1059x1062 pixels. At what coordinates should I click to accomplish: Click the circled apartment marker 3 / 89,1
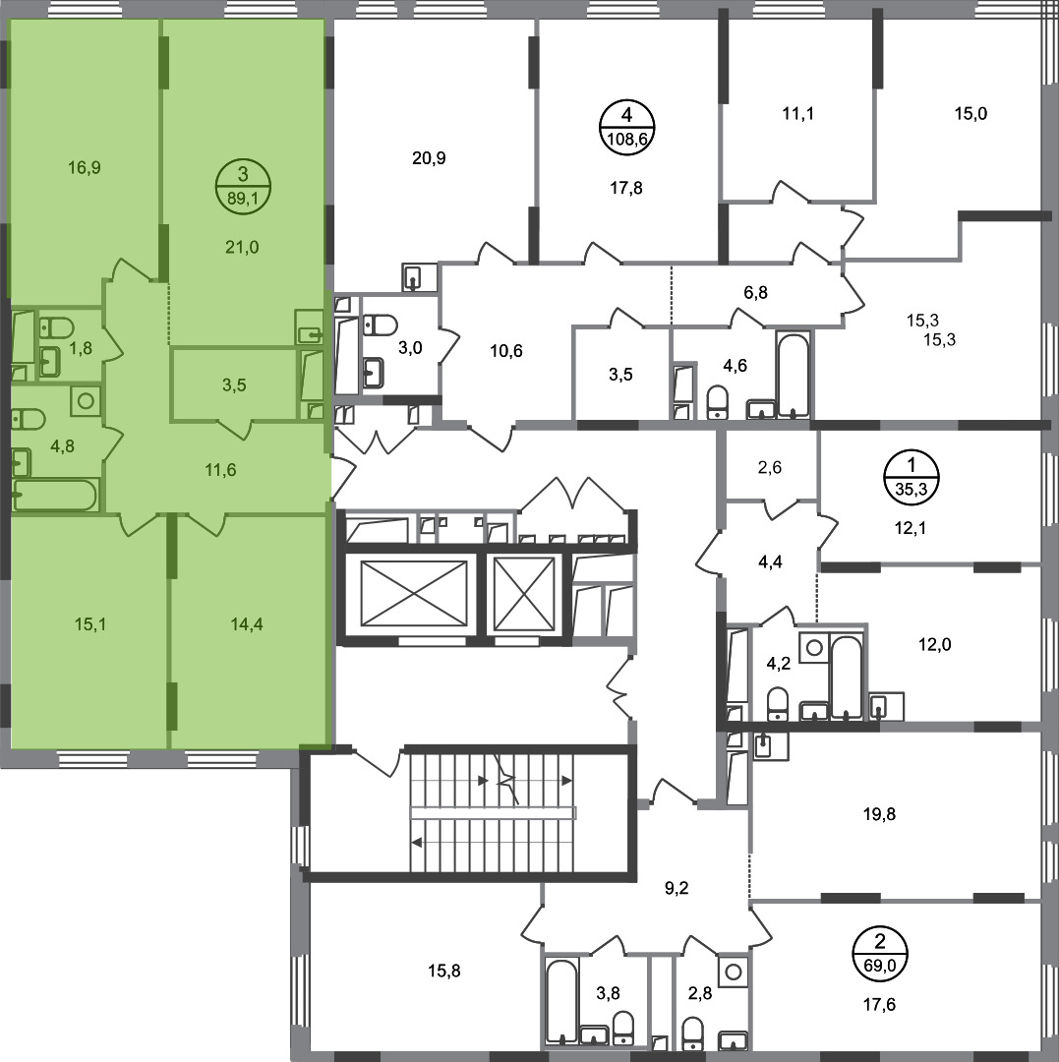[x=243, y=186]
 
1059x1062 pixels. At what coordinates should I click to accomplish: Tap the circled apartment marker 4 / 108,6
[x=626, y=127]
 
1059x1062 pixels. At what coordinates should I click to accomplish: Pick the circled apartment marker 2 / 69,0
[x=880, y=953]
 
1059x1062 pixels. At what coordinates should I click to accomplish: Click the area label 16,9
[x=84, y=167]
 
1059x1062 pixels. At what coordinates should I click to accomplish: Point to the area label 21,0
[x=242, y=247]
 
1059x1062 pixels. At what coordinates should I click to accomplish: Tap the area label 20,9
[x=429, y=158]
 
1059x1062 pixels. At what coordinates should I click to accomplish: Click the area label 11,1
[x=797, y=114]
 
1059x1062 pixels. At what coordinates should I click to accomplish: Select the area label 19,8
[x=879, y=814]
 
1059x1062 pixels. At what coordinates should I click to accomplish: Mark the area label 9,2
[x=676, y=888]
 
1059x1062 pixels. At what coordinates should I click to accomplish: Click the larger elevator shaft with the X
[x=414, y=593]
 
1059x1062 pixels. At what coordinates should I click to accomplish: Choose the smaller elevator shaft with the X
[x=525, y=593]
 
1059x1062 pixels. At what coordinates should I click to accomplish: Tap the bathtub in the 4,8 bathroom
[x=54, y=495]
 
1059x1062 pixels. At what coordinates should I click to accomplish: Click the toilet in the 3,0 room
[x=380, y=325]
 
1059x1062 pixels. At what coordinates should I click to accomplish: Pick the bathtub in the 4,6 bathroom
[x=793, y=375]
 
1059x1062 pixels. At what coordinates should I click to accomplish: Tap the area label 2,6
[x=769, y=467]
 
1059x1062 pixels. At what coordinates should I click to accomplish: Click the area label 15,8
[x=444, y=972]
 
